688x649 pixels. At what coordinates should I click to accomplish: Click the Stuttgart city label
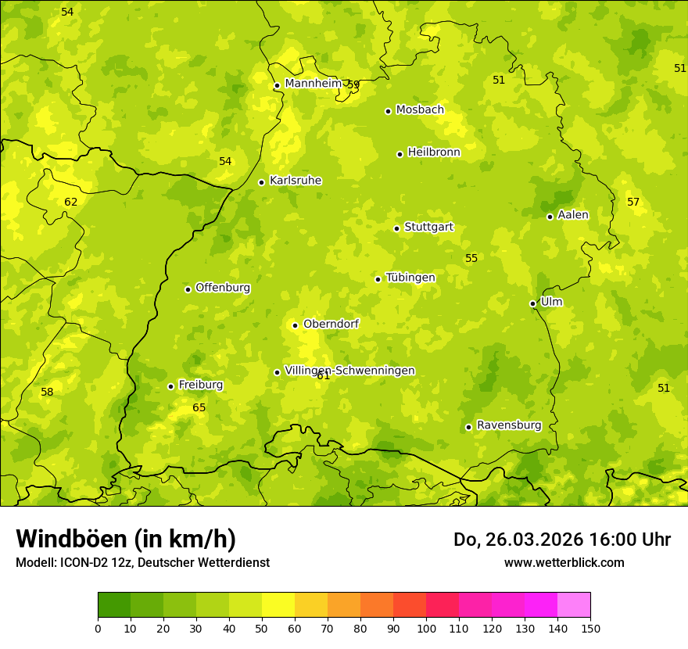pyautogui.click(x=428, y=227)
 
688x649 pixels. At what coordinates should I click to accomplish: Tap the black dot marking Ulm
pyautogui.click(x=532, y=303)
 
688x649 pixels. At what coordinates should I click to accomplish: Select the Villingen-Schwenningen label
pyautogui.click(x=349, y=371)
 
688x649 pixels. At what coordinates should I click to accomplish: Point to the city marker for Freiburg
pyautogui.click(x=170, y=386)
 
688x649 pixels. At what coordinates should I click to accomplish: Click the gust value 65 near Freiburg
pyautogui.click(x=199, y=407)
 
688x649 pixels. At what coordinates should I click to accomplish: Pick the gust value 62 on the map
pyautogui.click(x=71, y=202)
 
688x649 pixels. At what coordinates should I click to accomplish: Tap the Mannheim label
pyautogui.click(x=313, y=83)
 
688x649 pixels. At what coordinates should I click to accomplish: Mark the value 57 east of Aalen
pyautogui.click(x=633, y=202)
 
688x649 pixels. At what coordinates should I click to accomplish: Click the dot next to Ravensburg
pyautogui.click(x=468, y=427)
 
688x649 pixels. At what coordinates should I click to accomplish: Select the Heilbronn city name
pyautogui.click(x=434, y=152)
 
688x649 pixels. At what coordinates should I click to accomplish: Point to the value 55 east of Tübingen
pyautogui.click(x=471, y=258)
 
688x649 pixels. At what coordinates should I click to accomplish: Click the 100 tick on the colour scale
pyautogui.click(x=426, y=628)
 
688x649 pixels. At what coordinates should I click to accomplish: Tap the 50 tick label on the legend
pyautogui.click(x=262, y=628)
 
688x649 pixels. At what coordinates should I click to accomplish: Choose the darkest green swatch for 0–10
pyautogui.click(x=114, y=605)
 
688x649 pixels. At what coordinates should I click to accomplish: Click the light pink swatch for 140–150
pyautogui.click(x=574, y=605)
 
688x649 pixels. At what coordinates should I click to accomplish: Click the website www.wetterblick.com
pyautogui.click(x=564, y=562)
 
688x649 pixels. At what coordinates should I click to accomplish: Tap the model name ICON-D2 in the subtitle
pyautogui.click(x=84, y=562)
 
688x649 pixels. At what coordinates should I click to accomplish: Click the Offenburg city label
pyautogui.click(x=223, y=287)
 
